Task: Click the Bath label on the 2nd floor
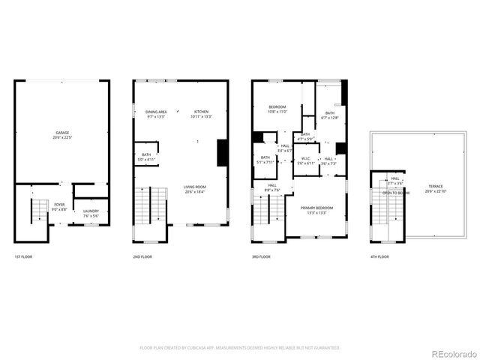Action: click(146, 157)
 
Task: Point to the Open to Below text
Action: click(395, 193)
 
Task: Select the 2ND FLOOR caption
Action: click(142, 257)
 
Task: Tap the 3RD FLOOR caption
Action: click(260, 257)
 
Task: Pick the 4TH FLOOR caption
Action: click(379, 257)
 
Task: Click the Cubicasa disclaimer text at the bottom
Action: click(240, 348)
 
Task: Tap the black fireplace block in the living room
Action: click(222, 153)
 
